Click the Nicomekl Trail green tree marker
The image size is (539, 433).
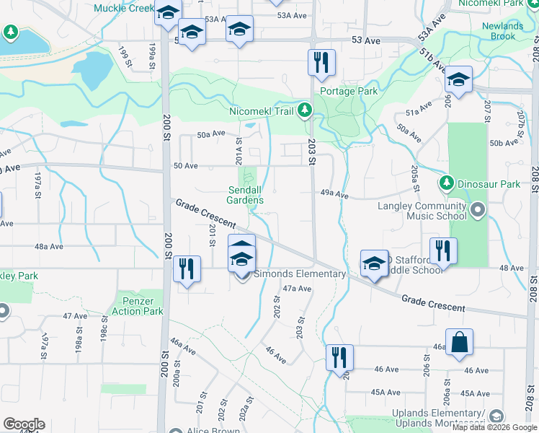click(x=306, y=110)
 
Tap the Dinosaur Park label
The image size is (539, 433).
click(x=490, y=184)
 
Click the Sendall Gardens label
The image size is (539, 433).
click(x=245, y=195)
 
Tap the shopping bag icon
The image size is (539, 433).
click(x=459, y=344)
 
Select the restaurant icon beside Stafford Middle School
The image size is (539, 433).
click(x=442, y=250)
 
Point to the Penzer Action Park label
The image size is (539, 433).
click(x=138, y=306)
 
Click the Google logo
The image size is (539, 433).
click(x=24, y=424)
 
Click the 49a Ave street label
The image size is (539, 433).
click(x=334, y=195)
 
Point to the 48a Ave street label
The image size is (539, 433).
click(x=50, y=246)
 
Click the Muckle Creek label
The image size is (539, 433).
click(x=124, y=9)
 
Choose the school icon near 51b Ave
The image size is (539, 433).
click(x=458, y=80)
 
